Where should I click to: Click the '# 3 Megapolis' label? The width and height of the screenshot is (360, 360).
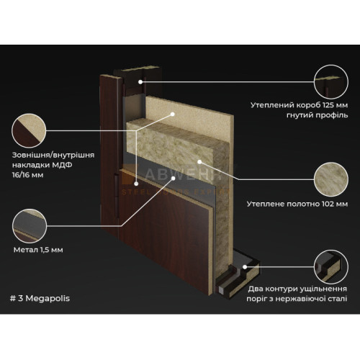[40, 298]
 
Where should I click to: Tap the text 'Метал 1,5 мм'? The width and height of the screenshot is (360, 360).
[38, 250]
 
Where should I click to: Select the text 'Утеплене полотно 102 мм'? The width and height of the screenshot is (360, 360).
[297, 204]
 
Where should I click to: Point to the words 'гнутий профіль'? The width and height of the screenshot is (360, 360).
[317, 115]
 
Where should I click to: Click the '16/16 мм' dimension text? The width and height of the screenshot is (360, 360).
[28, 175]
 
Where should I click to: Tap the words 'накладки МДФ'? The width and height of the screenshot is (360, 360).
[42, 165]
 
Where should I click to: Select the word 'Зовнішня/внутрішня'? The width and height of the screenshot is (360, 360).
[53, 155]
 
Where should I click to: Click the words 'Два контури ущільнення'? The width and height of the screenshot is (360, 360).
[297, 289]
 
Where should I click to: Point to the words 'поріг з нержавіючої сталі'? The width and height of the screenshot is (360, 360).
[297, 299]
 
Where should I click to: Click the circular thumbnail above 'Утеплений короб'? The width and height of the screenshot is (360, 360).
[331, 82]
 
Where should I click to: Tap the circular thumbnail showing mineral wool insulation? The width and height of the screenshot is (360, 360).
[331, 179]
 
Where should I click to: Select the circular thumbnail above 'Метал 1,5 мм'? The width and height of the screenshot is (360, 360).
[30, 226]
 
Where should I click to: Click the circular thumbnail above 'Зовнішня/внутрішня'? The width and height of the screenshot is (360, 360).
[29, 131]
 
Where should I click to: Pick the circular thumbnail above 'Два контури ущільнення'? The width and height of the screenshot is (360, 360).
[331, 266]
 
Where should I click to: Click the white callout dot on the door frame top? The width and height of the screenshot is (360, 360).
[140, 82]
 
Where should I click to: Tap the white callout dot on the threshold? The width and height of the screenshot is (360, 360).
[245, 266]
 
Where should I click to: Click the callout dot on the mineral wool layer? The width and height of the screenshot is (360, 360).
[199, 162]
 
